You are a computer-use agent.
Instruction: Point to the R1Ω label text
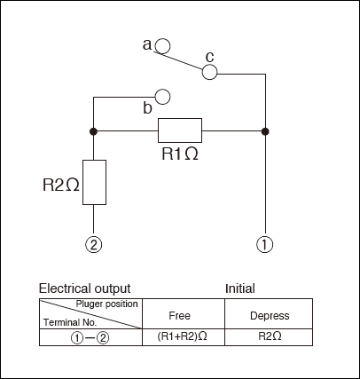180,154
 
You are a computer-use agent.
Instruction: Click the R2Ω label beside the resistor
61,186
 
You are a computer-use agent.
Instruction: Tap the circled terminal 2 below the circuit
94,245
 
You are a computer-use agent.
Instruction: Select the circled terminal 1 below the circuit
265,245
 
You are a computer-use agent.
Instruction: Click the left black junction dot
93,131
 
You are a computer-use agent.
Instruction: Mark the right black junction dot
265,131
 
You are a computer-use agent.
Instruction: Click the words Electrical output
85,288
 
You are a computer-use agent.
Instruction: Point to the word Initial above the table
240,288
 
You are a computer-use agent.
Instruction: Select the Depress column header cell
269,313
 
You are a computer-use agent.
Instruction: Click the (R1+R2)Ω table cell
184,337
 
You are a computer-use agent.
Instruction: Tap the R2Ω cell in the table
269,337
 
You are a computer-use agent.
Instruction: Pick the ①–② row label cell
90,337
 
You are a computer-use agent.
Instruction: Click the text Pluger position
106,304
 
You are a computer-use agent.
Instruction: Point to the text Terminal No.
70,322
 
